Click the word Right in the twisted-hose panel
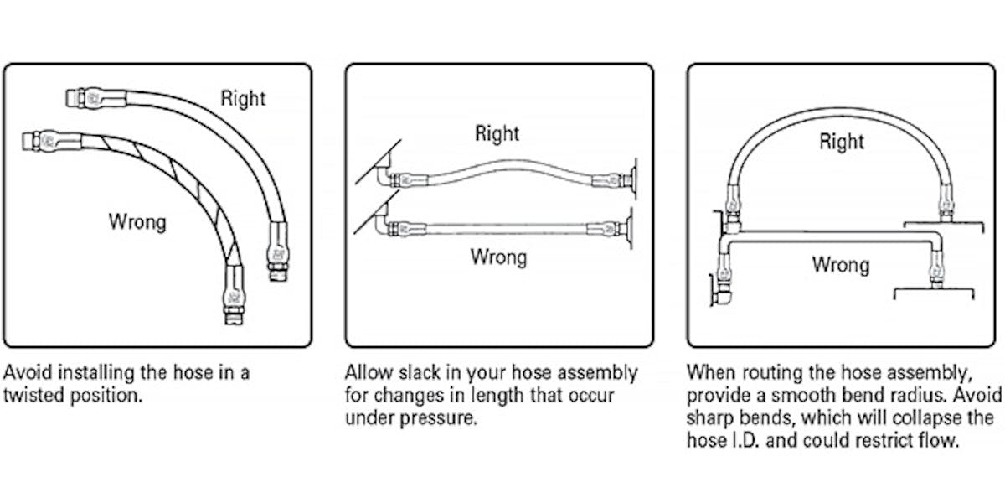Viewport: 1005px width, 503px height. click(242, 98)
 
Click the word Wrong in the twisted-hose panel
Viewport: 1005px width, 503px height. click(137, 222)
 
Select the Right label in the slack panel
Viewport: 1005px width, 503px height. click(497, 133)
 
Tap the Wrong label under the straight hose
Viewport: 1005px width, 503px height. click(498, 256)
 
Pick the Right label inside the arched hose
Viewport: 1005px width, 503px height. click(842, 143)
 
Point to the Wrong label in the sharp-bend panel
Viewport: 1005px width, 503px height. click(840, 265)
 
